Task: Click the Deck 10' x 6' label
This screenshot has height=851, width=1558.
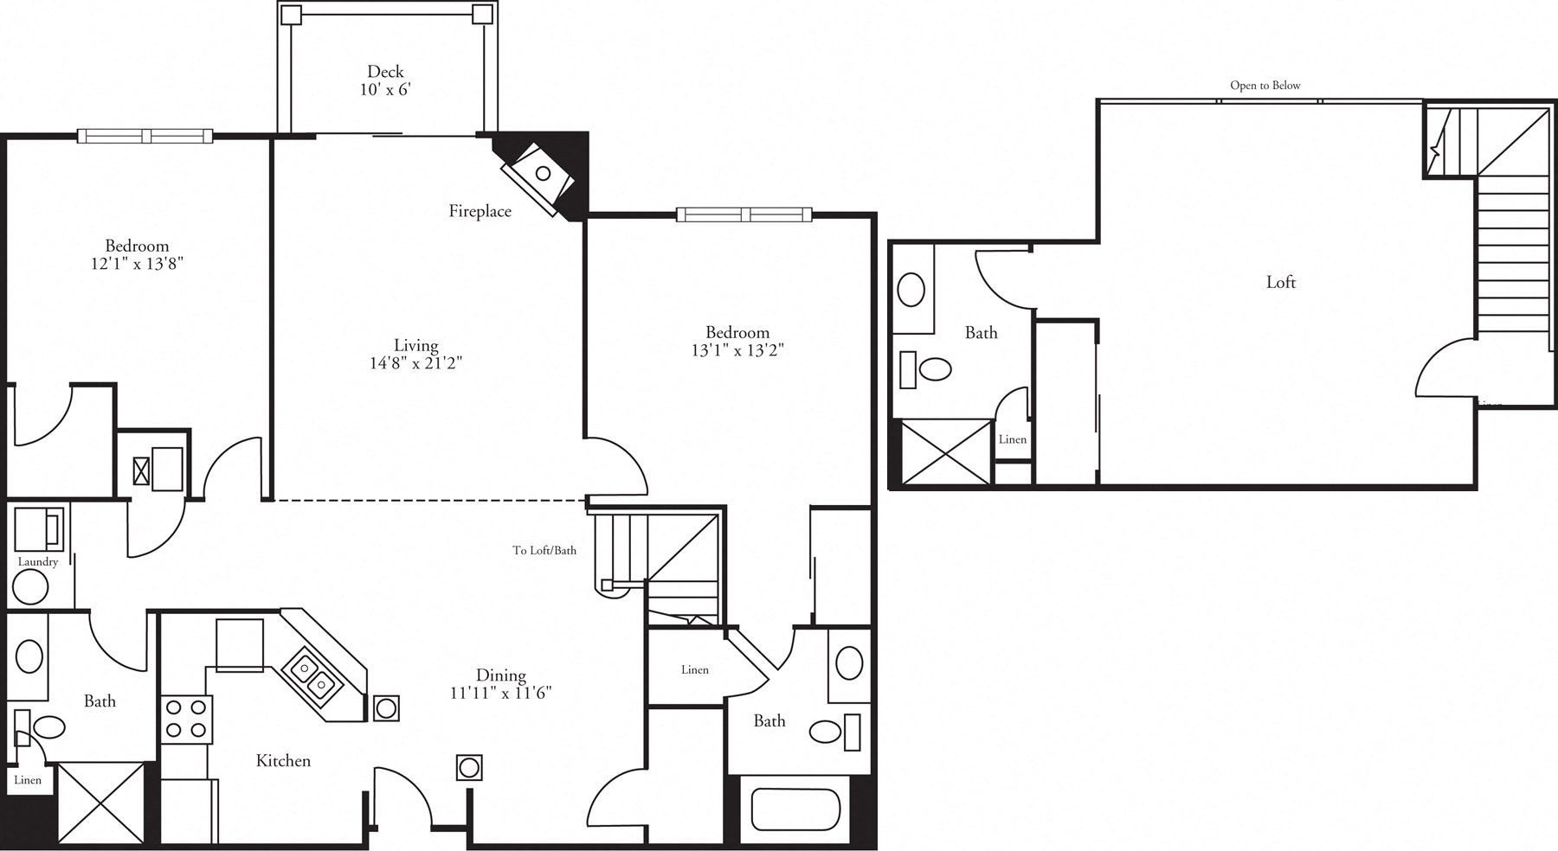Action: (x=385, y=80)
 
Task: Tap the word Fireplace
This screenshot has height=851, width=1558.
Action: (x=480, y=211)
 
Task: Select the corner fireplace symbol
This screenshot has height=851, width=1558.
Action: (x=541, y=176)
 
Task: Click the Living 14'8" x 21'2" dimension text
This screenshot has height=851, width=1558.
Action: (x=415, y=363)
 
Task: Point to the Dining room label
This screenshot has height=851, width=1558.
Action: (x=500, y=675)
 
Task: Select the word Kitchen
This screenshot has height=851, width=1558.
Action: (x=283, y=761)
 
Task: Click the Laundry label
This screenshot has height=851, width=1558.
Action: (x=38, y=562)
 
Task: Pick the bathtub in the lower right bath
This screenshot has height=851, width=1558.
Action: (x=795, y=809)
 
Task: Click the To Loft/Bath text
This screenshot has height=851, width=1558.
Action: (x=544, y=550)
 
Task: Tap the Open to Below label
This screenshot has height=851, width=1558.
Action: (x=1265, y=86)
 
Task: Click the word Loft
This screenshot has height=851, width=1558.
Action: (x=1280, y=282)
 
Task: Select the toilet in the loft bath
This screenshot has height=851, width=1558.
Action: (x=933, y=369)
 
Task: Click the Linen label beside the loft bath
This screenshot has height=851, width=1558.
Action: (x=1012, y=439)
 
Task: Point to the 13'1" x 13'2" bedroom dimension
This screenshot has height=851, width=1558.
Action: (x=737, y=350)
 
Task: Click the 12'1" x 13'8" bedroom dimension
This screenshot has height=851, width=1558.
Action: (x=137, y=263)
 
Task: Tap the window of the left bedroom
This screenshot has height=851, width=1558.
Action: (x=145, y=136)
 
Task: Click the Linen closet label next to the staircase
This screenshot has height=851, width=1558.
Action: (x=694, y=670)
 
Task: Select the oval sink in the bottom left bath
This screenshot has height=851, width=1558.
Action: (x=29, y=656)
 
